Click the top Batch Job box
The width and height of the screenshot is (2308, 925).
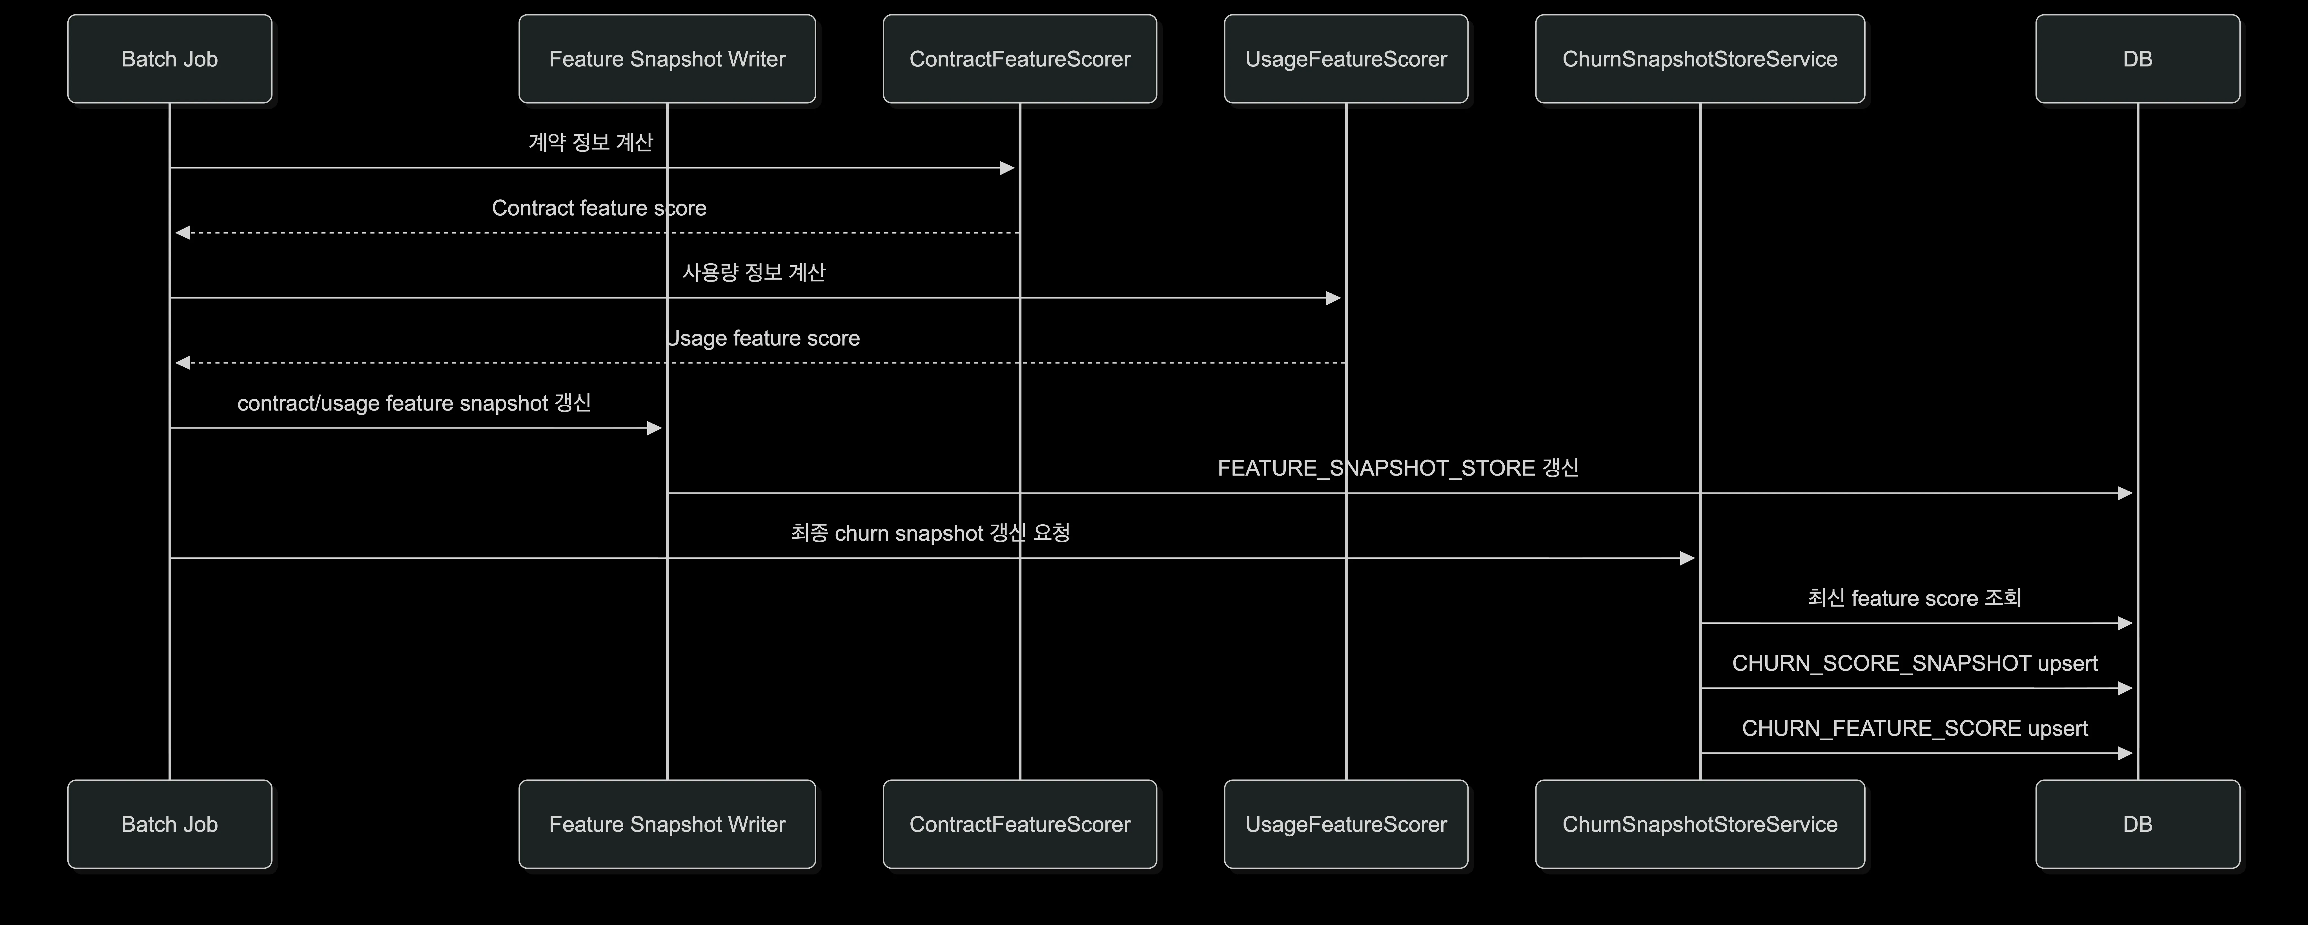pos(169,59)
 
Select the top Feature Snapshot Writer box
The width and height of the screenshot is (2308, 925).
pos(667,59)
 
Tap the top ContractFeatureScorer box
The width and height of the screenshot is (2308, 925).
pos(1020,59)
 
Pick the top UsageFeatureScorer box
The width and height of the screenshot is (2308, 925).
pos(1346,59)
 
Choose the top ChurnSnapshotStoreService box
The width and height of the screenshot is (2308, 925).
pos(1700,59)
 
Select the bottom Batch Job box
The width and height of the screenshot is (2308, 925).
pos(169,824)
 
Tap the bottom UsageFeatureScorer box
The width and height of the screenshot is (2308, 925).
pos(1346,824)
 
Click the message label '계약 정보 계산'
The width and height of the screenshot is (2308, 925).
pos(591,142)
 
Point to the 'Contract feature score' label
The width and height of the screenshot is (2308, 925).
pos(599,208)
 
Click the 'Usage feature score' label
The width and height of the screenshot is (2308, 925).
pos(763,338)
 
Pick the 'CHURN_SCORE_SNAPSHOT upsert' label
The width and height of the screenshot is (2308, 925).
pos(1915,663)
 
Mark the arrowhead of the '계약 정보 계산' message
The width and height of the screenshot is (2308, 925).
pos(1007,168)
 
